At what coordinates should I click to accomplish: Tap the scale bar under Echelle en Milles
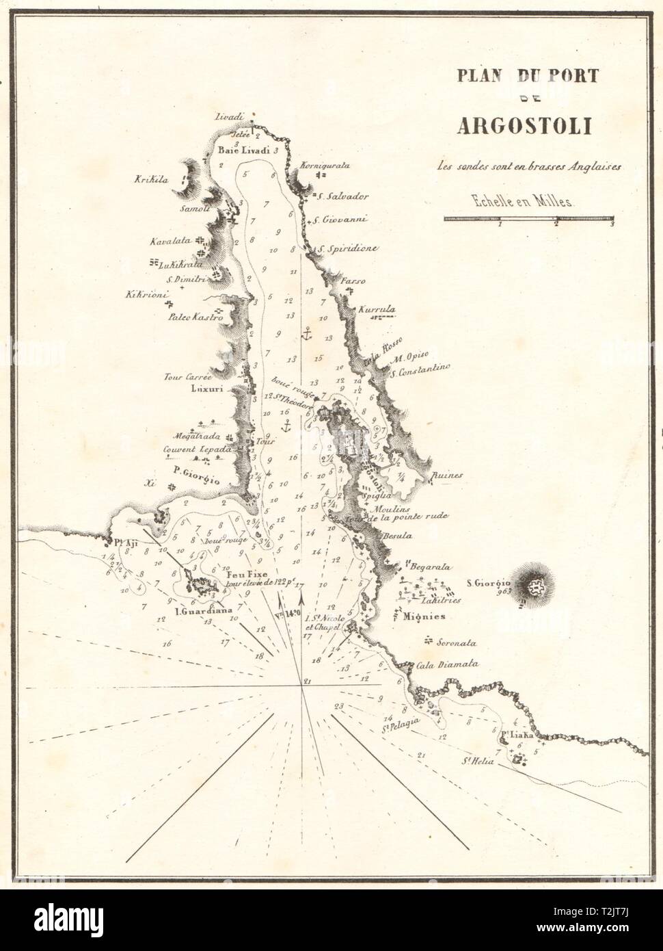click(x=529, y=218)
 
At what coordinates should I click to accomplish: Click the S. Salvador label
click(x=346, y=196)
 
